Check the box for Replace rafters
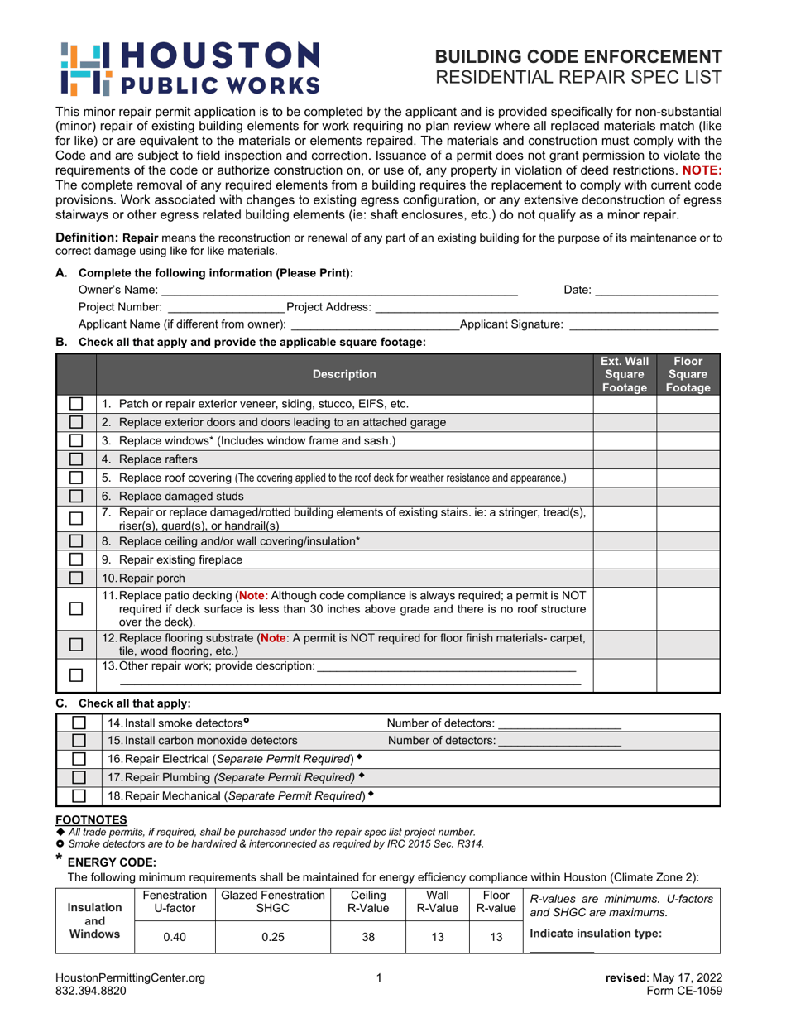click(76, 459)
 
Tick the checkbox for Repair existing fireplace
click(76, 559)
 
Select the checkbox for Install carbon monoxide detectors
click(79, 741)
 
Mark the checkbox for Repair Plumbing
click(79, 777)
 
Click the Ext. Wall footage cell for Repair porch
click(625, 578)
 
